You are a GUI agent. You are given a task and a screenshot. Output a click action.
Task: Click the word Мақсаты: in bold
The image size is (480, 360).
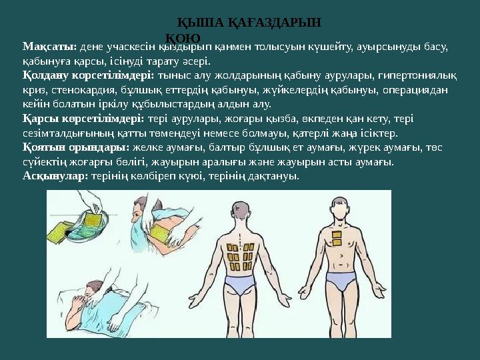pyautogui.click(x=50, y=48)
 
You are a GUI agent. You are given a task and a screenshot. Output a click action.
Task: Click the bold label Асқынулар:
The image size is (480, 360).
pyautogui.click(x=55, y=177)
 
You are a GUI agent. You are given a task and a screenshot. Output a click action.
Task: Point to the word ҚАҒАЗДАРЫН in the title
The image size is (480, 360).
pyautogui.click(x=275, y=23)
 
